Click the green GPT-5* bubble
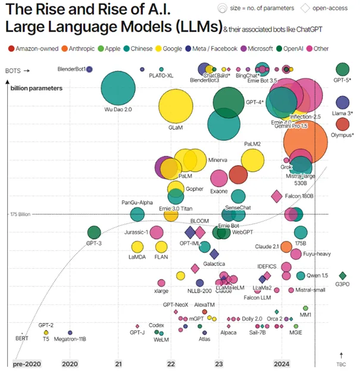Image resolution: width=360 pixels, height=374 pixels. (342, 70)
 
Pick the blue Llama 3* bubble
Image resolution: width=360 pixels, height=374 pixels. (342, 103)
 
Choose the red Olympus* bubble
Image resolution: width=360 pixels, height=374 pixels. (342, 124)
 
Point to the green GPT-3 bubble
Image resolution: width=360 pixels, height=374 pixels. (94, 232)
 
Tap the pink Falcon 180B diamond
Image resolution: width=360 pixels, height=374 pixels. (277, 196)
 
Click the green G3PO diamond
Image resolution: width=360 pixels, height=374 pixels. (342, 275)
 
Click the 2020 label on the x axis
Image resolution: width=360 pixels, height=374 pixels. (70, 363)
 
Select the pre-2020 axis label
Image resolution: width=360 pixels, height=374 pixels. (26, 363)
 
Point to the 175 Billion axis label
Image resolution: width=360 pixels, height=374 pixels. (20, 214)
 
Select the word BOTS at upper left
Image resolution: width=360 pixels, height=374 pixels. (12, 70)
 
